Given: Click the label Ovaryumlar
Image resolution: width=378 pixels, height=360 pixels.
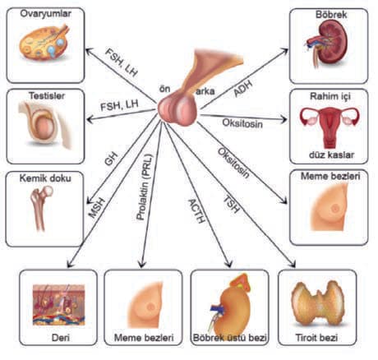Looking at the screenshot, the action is point(46,14).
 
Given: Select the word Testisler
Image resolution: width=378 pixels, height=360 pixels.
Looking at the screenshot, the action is point(47,96).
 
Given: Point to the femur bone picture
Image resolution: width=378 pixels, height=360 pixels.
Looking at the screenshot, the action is point(42,208).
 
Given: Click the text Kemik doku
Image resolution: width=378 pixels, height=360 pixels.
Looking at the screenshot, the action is point(45,178).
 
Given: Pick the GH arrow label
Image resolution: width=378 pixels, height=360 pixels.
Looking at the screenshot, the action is point(112,159).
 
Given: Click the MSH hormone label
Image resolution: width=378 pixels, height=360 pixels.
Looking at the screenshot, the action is point(97,208).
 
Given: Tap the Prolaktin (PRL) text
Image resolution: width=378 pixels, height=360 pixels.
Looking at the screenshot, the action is point(145,187).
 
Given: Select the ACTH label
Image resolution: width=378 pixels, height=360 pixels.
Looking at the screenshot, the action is point(196,211).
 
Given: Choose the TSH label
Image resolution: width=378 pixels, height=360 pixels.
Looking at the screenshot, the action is point(232,204).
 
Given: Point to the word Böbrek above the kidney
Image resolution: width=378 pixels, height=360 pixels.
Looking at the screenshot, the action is point(331,14).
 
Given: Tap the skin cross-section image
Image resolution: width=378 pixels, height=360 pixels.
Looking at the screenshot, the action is point(59,305).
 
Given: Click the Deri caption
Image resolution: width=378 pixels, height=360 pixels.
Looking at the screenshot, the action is point(61,338).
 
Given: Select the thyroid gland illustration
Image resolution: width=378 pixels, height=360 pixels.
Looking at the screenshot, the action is point(318,303).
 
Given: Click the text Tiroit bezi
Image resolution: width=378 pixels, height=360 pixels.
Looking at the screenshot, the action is point(316,338).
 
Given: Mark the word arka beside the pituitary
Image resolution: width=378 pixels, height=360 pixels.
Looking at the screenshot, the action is point(205,91).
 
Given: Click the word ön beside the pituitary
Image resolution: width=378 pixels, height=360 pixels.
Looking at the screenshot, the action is point(164,89).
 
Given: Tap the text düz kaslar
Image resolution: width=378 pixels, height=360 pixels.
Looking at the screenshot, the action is point(331,155).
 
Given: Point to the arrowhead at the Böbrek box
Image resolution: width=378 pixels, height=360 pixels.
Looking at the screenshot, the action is point(285,51).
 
